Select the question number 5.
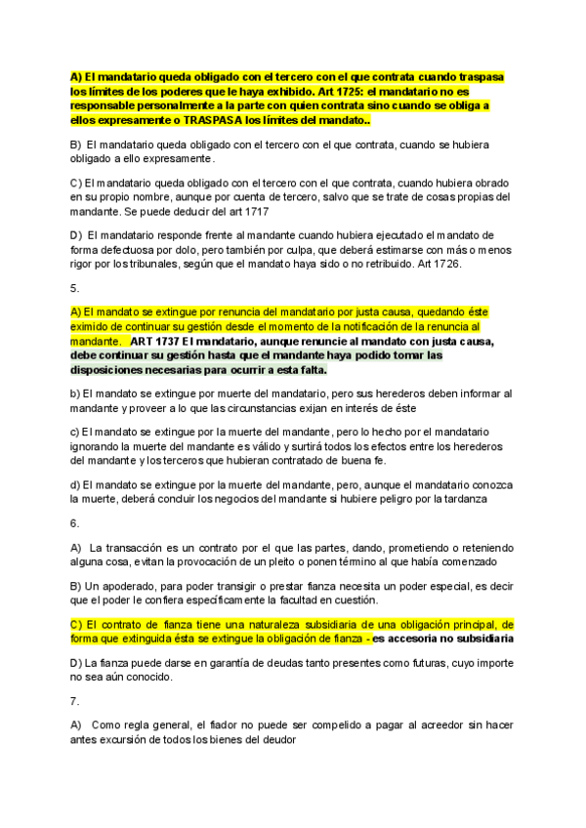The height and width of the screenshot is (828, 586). point(75,288)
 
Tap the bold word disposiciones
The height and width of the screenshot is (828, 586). point(110,370)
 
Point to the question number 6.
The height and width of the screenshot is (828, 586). point(75,523)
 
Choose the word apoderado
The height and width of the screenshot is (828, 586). point(125,585)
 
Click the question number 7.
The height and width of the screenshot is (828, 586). point(75,701)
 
